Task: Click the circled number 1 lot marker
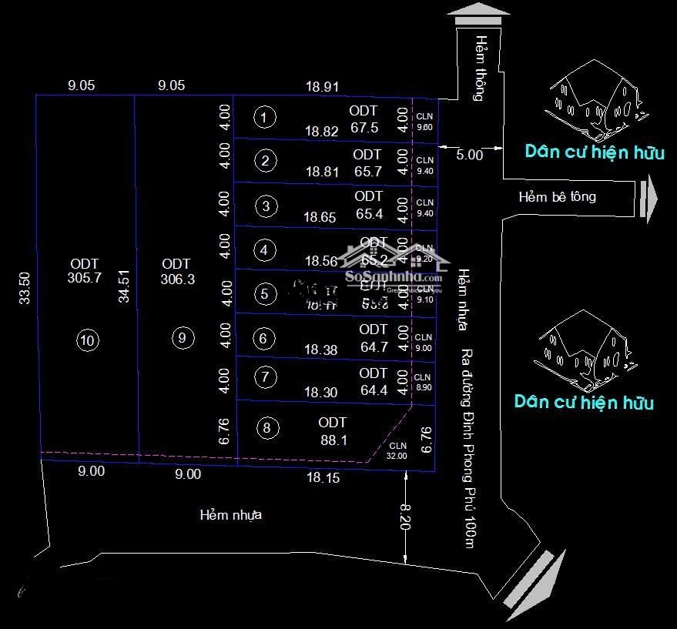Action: point(265,117)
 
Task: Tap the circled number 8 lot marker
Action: point(266,429)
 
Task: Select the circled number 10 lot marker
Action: point(89,340)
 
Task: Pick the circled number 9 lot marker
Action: point(181,337)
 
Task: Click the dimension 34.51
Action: point(124,286)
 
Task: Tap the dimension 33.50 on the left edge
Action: point(24,288)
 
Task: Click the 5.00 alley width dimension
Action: point(469,155)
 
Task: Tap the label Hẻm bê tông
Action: point(557,197)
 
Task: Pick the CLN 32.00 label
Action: point(397,450)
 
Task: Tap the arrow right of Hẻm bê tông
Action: point(649,199)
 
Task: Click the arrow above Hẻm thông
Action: point(478,14)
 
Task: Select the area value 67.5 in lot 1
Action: point(364,128)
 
